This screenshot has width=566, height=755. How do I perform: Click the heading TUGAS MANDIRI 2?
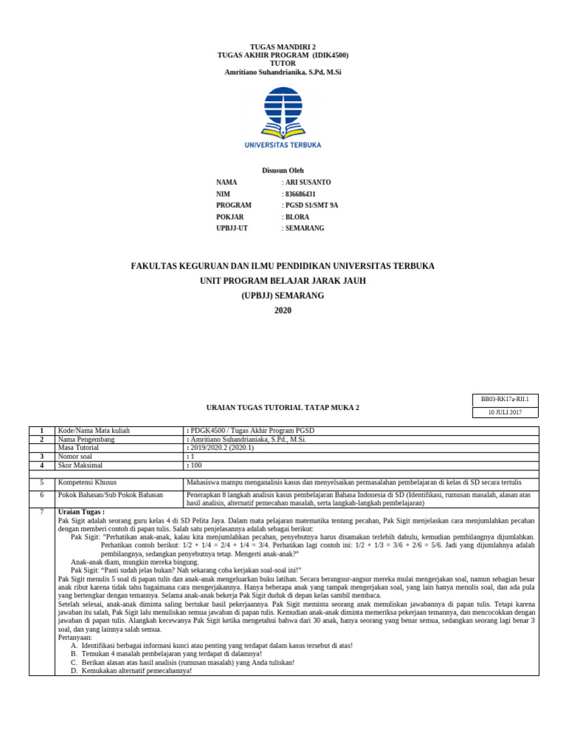coord(283,46)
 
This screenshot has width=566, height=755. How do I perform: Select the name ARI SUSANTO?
coord(308,181)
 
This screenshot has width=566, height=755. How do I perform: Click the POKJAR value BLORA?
coord(298,217)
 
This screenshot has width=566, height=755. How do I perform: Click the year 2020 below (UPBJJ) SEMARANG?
coord(283,310)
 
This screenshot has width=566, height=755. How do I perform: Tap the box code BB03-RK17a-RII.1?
coord(505,399)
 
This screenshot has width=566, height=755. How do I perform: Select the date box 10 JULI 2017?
coord(505,412)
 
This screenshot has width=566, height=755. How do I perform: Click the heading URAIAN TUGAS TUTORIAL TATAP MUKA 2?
coord(282,407)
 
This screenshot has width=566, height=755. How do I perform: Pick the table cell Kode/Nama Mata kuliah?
coord(94,431)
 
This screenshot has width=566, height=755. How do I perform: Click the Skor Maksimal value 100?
coord(195,465)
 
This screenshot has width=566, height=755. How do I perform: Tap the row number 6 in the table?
coord(42,495)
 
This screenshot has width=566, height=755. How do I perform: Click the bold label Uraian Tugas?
coord(81,512)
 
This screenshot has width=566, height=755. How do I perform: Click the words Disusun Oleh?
coord(282,170)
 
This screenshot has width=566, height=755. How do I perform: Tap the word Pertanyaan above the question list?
coord(75,636)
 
